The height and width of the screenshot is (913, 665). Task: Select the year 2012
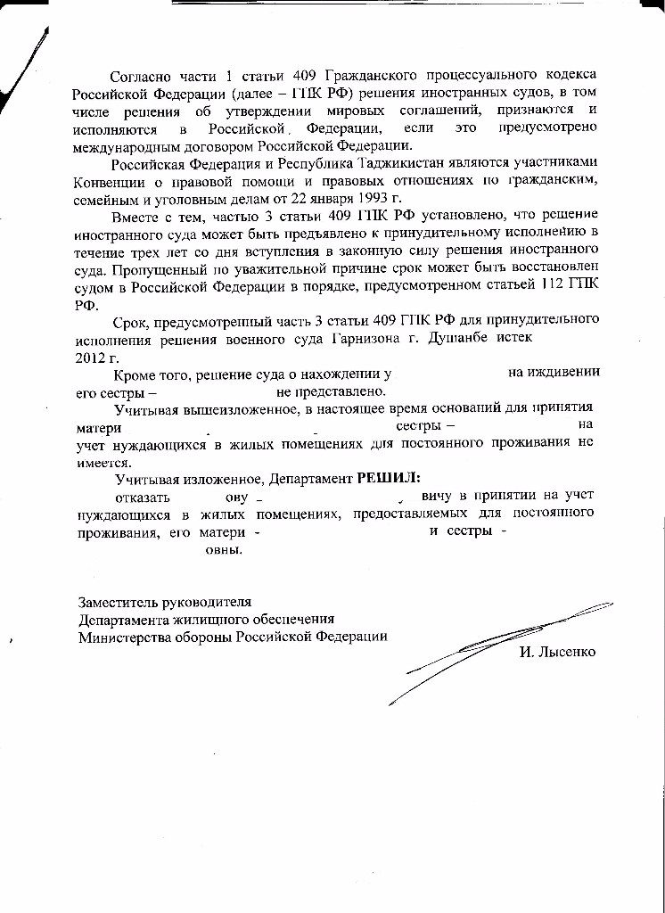[x=88, y=355]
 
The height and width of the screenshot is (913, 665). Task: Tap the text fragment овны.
[x=224, y=549]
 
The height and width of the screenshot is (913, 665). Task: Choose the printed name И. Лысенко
[x=557, y=652]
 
